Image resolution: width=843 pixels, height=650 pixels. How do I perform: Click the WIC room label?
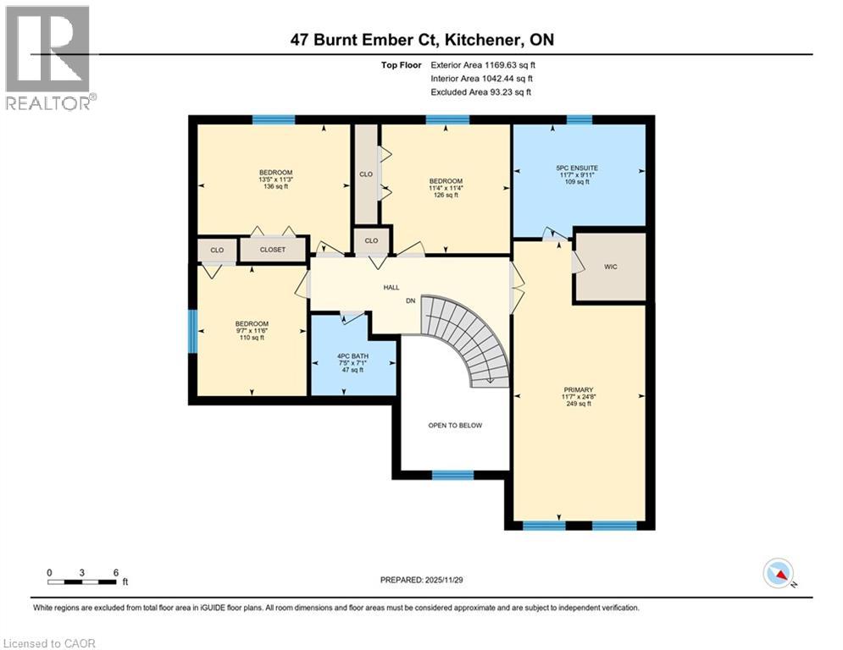coord(611,267)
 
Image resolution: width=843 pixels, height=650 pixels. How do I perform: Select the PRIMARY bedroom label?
coord(578,390)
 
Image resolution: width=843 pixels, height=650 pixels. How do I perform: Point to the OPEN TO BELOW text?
coord(455,425)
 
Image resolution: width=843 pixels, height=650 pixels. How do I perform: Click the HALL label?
coord(391,288)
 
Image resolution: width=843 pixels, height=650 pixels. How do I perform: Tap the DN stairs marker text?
coord(410,300)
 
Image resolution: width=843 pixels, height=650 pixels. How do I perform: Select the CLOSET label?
coord(272,251)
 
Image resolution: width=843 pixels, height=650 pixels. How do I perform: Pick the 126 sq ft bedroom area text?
coord(445,196)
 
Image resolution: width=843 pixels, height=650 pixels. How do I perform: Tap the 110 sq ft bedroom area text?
coord(252,338)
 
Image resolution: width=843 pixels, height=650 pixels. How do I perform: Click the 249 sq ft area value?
coord(578,404)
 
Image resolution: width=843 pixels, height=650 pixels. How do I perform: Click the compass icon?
coord(778,574)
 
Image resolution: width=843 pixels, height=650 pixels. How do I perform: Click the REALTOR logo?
coord(48,58)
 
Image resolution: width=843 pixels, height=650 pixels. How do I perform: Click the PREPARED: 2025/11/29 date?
coord(421,580)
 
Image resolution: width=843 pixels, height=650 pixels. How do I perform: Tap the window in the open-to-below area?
coord(452,476)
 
